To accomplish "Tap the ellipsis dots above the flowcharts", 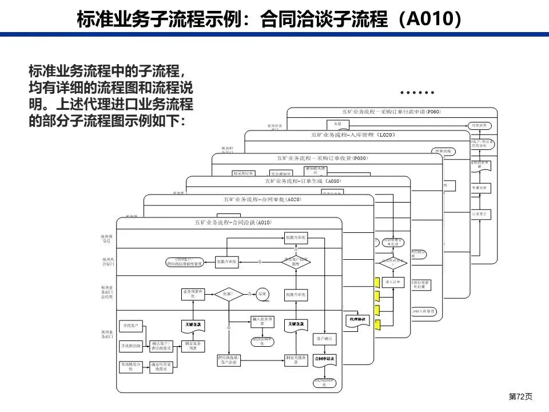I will coord(417,92).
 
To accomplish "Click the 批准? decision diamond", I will coord(228,294).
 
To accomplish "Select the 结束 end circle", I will coord(262,293).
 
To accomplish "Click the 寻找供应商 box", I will coord(132,346).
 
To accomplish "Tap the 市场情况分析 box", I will coord(131,367).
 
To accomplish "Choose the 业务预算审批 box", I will coord(193,294).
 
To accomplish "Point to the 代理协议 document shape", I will coord(357,319).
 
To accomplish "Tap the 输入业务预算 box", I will coord(262,321).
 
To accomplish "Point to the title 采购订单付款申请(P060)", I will coord(392,111).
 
